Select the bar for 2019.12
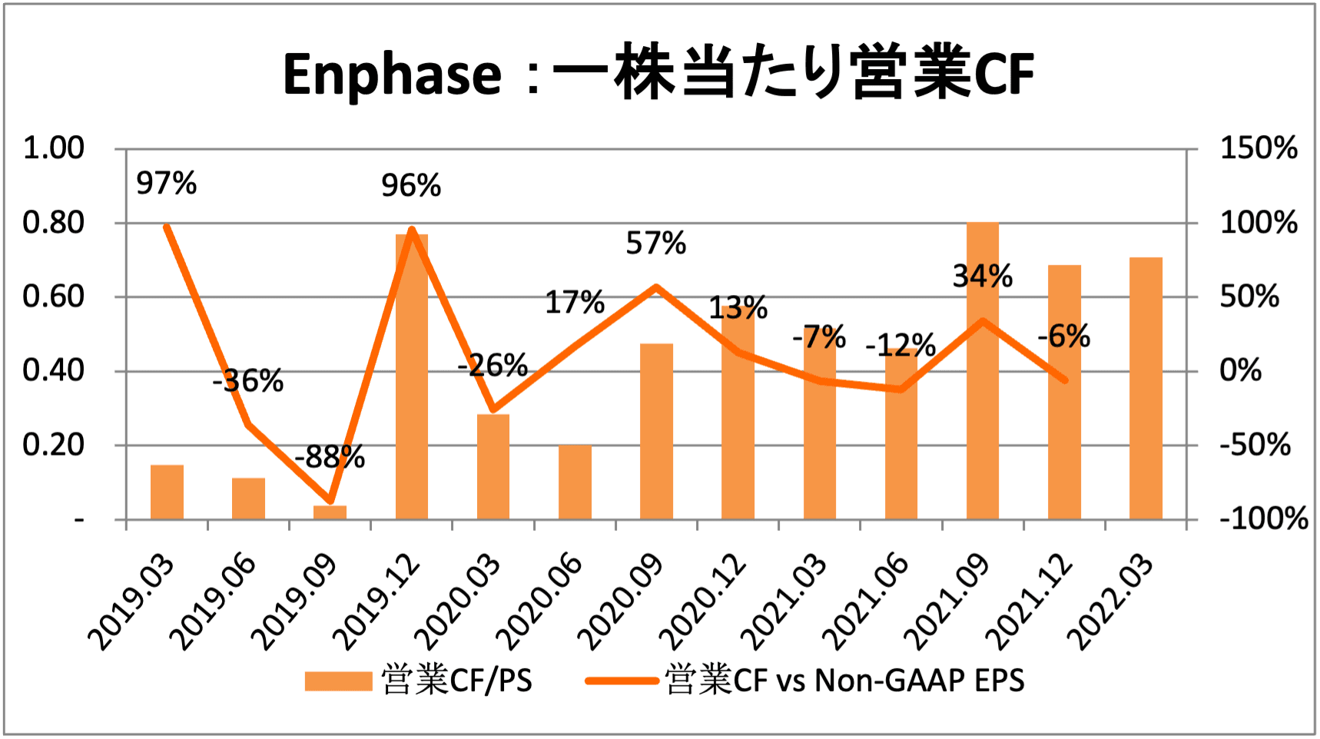412,376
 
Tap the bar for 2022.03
1146,388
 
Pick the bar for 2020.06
575,482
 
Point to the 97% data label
166,184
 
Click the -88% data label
330,457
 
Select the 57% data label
655,244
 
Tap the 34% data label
982,276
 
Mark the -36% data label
248,380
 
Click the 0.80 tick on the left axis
53,223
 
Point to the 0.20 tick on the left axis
53,445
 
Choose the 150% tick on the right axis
1259,147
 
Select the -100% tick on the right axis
1263,519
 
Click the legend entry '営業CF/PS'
419,681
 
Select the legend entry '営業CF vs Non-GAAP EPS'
805,681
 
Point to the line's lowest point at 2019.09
330,501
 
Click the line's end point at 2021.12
1064,379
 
